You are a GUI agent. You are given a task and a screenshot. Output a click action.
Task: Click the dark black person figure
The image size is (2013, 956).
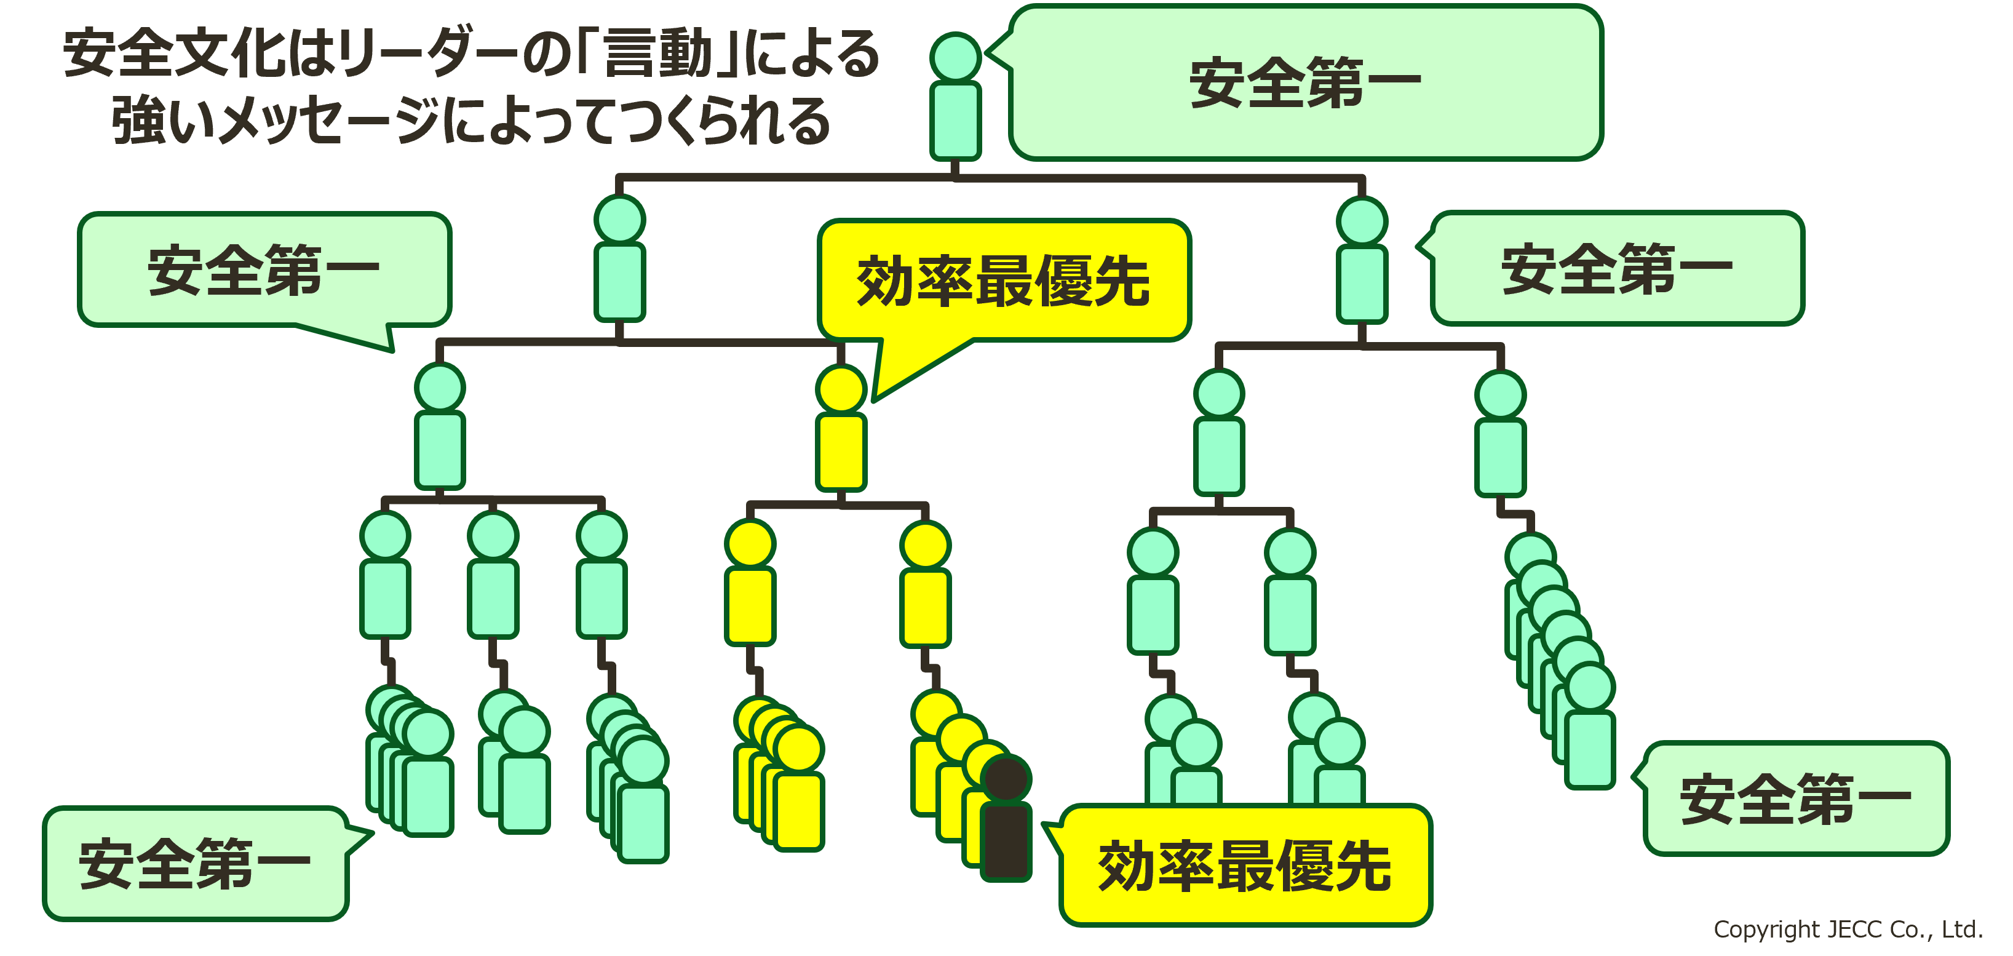pos(1005,821)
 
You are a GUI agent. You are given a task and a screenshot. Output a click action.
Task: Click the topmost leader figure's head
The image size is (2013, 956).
pos(955,56)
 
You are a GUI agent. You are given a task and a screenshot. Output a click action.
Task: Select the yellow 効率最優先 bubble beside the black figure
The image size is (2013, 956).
pos(1245,866)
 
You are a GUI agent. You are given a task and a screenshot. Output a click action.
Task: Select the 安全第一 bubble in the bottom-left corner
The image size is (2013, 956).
pos(196,864)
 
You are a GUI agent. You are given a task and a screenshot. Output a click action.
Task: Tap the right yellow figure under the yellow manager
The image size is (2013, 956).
pos(925,584)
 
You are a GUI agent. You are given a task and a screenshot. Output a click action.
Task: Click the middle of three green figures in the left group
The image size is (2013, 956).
pos(493,575)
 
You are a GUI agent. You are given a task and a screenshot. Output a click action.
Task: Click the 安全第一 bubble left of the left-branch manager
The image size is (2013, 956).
pos(264,269)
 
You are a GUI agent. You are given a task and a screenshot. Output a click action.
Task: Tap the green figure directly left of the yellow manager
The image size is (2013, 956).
pos(440,427)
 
